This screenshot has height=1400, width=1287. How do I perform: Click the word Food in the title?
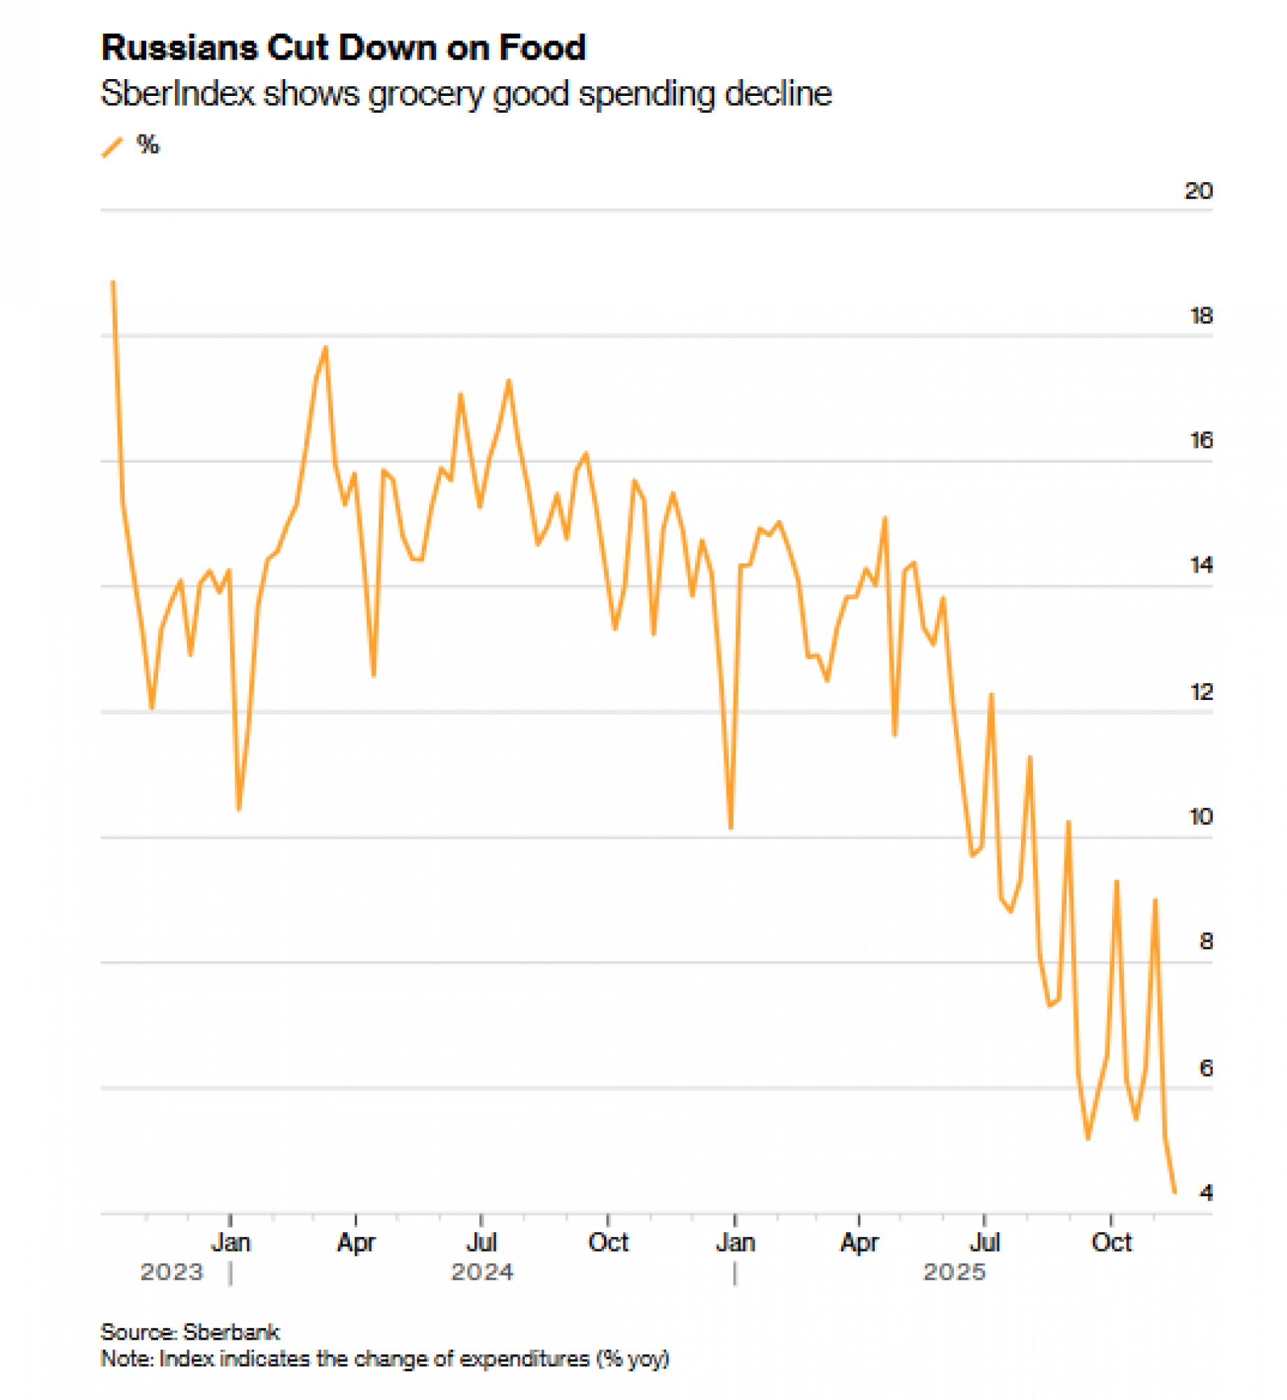[542, 48]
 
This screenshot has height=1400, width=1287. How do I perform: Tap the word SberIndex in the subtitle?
[177, 94]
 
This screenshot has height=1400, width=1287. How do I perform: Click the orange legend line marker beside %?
[112, 147]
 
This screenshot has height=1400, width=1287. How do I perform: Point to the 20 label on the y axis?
[1197, 191]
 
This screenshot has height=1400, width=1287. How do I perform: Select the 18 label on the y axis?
[1200, 316]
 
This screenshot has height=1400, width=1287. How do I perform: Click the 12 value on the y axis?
[1200, 692]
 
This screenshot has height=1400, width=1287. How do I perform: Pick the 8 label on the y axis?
[1205, 942]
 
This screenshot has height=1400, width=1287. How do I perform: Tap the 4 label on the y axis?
[1205, 1193]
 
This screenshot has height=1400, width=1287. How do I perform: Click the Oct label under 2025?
[1111, 1243]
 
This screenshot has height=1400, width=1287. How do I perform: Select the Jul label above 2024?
[481, 1243]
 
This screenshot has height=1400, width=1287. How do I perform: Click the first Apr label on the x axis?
[356, 1243]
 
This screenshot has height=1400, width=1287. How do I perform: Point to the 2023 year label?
[171, 1272]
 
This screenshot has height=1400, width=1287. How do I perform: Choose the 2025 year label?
[954, 1272]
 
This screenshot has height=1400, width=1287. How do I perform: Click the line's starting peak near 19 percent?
[113, 282]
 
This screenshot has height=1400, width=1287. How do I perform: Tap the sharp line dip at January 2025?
[731, 828]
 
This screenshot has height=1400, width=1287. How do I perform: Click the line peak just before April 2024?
[325, 347]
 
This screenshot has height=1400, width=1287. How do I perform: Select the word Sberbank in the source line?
[231, 1332]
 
